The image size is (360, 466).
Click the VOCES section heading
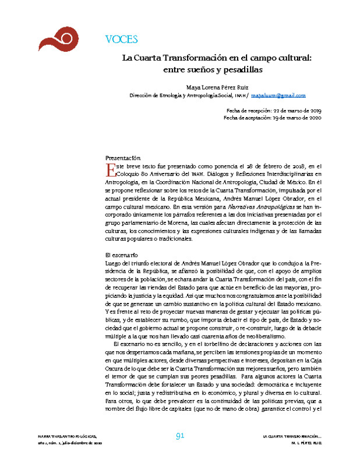pos(121,40)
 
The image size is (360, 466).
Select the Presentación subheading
pos(122,158)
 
